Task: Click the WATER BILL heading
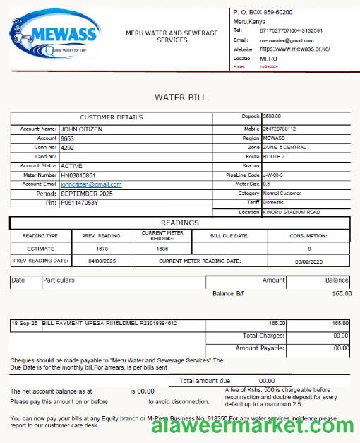point(181,97)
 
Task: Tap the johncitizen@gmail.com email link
point(91,184)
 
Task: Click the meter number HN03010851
point(78,175)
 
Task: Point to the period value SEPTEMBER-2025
point(86,194)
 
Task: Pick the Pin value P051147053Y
point(80,203)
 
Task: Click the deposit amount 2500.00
point(272,116)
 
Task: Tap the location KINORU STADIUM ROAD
point(292,212)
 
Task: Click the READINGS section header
point(180,223)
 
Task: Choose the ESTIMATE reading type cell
point(40,249)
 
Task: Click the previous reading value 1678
point(102,249)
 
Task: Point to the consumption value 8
point(308,249)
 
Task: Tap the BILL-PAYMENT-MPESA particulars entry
point(109,324)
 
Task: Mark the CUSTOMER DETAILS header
point(112,117)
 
